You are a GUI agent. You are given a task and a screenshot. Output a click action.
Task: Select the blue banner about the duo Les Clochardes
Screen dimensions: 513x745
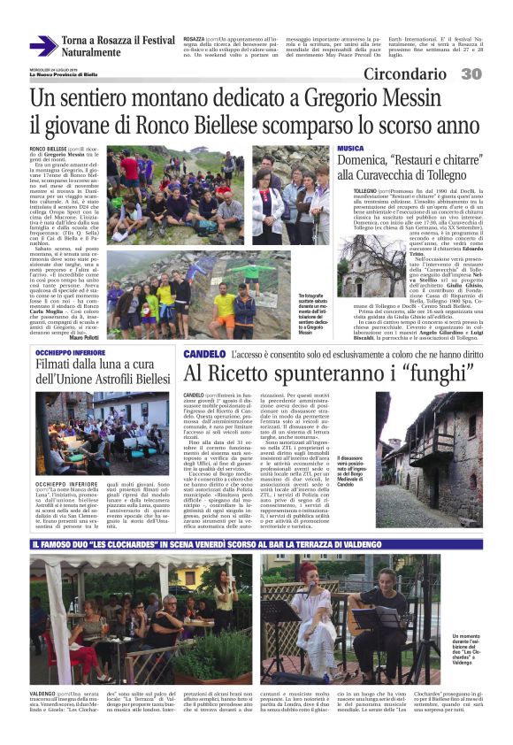click(256, 541)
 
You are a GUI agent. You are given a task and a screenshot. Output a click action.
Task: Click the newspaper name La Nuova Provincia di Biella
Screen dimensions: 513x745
click(65, 74)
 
